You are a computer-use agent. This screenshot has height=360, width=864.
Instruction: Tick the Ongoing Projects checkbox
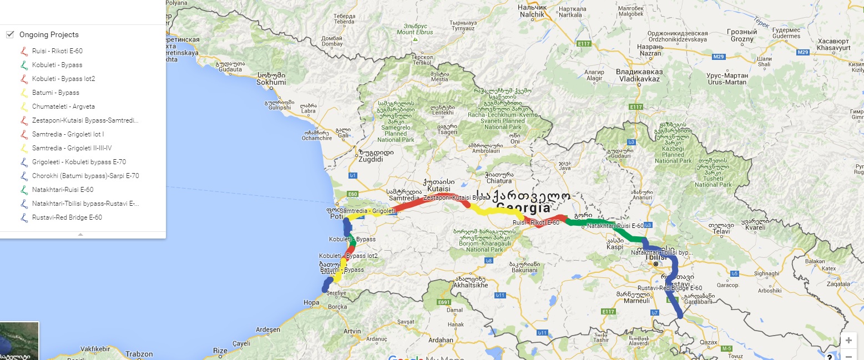pos(9,34)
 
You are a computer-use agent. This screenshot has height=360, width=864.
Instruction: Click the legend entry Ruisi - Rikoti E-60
pos(57,51)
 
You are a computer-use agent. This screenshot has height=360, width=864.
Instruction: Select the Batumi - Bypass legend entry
pos(55,93)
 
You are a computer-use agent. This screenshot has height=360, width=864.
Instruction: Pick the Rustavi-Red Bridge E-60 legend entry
pos(67,217)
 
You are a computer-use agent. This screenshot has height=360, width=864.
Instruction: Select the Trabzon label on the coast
pos(138,354)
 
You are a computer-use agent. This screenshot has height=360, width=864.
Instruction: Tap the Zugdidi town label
pos(371,159)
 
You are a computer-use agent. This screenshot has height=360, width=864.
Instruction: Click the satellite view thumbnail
pos(19,341)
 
